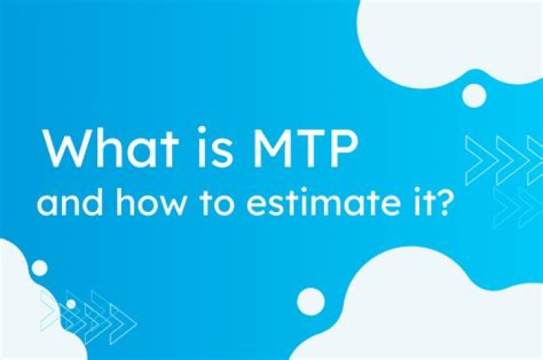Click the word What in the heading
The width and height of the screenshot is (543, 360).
[x=111, y=148]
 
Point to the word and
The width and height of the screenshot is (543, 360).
[x=69, y=203]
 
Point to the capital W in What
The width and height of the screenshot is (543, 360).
[x=69, y=148]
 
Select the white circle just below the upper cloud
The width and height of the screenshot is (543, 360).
[x=474, y=96]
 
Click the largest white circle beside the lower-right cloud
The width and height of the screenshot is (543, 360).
[x=311, y=301]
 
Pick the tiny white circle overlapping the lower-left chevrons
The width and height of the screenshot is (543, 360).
[x=71, y=304]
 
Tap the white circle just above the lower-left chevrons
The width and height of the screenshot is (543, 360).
[x=39, y=268]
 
